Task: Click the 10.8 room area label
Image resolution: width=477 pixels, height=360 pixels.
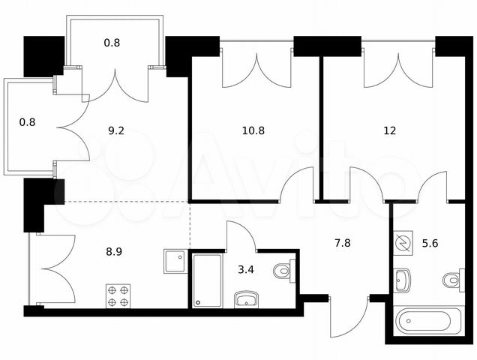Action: click(253, 130)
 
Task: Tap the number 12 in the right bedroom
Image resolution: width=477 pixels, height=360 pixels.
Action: click(390, 130)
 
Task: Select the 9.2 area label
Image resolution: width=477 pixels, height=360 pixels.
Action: click(116, 130)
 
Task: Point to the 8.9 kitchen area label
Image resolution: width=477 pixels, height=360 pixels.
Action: click(114, 252)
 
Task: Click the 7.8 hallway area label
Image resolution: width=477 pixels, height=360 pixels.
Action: click(343, 243)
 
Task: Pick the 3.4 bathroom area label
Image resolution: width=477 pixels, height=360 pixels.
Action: click(246, 269)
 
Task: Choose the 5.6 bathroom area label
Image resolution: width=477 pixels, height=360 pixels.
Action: click(430, 243)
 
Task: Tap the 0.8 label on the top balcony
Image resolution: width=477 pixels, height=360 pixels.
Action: click(112, 43)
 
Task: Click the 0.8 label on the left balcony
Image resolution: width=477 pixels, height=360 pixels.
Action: click(28, 122)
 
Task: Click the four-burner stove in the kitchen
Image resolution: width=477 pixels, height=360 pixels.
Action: click(118, 296)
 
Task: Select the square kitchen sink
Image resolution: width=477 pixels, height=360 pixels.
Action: click(175, 262)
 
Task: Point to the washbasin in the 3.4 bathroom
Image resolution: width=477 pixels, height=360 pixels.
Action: click(247, 299)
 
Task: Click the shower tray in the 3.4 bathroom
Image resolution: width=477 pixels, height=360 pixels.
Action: click(207, 280)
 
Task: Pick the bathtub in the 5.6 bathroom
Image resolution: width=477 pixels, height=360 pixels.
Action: click(427, 321)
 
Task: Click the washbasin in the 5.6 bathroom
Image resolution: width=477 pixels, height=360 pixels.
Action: click(402, 280)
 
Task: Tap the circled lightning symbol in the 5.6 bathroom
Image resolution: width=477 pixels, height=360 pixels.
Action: click(403, 243)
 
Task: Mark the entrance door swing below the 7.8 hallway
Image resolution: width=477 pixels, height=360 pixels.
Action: click(349, 316)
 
